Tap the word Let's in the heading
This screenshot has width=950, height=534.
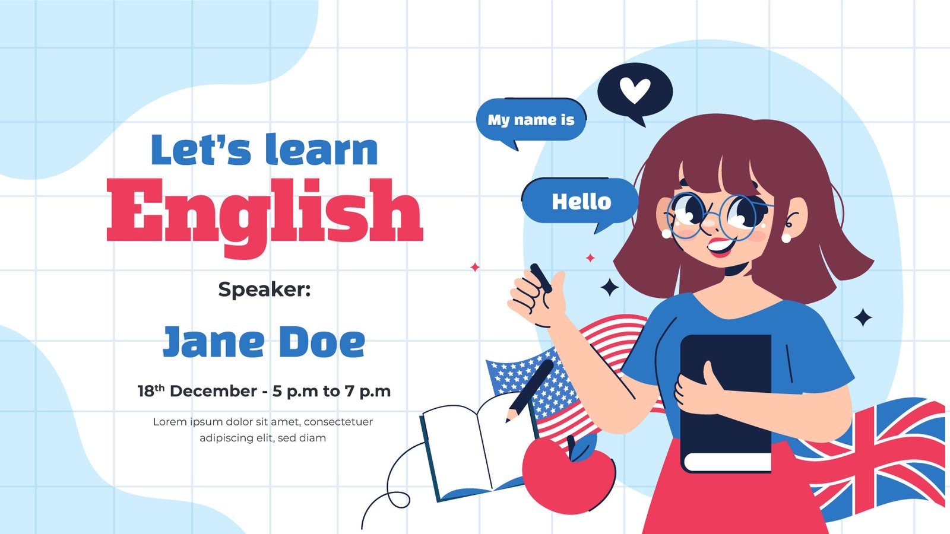tap(201, 149)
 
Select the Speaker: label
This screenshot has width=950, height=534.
tap(265, 290)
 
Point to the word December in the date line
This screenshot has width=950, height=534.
tap(213, 391)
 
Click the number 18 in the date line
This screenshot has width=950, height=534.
tap(146, 391)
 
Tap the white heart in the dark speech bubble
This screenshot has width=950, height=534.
tap(635, 90)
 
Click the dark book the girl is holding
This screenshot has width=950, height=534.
tap(726, 403)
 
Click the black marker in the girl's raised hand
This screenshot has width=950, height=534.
tap(541, 278)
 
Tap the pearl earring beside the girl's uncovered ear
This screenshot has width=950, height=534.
tap(786, 237)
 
